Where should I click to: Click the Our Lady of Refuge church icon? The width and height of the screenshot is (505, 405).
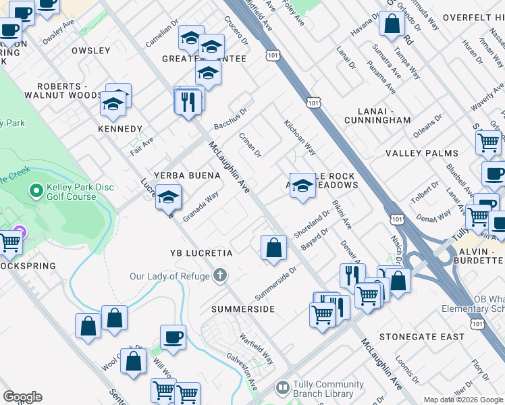219,275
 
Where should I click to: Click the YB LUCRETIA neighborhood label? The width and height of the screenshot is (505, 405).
201,253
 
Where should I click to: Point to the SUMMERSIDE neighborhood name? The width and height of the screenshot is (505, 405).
243,309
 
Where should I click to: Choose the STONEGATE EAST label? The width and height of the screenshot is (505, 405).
422,336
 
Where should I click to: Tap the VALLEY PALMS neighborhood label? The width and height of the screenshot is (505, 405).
422,153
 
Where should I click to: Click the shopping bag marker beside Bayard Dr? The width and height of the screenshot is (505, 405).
273,246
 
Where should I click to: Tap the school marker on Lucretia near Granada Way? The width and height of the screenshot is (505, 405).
168,198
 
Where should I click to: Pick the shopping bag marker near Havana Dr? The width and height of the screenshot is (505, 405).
392,25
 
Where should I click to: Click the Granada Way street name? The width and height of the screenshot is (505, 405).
201,205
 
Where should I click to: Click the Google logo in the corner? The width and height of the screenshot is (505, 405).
22,397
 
